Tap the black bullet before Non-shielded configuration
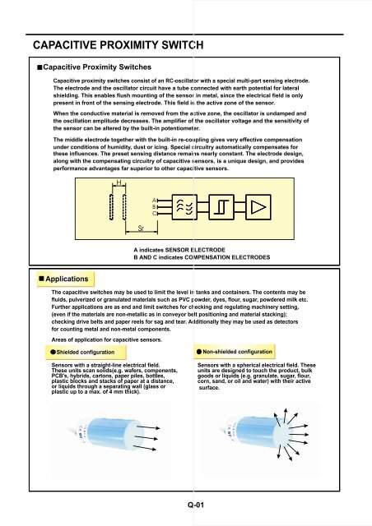pyautogui.click(x=200, y=351)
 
